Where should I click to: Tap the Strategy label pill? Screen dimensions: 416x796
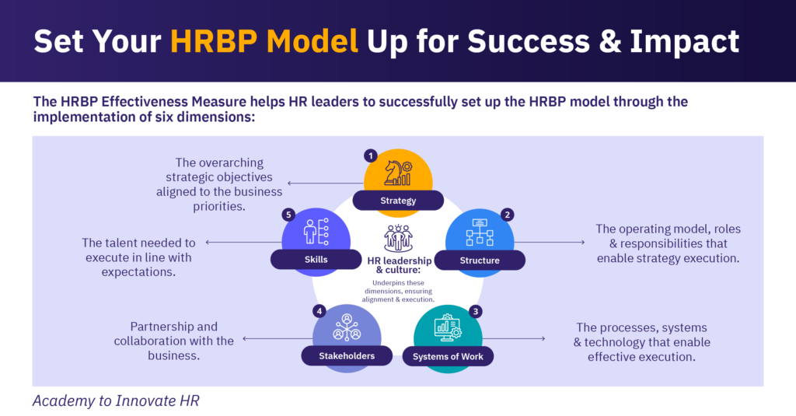(x=398, y=201)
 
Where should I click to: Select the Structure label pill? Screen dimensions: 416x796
(x=479, y=260)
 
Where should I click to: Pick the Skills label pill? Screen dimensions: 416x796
(x=311, y=260)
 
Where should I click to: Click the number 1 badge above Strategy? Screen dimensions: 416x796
(x=371, y=156)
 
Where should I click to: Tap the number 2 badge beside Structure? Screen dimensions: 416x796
(x=508, y=215)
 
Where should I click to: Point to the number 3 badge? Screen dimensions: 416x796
(x=477, y=311)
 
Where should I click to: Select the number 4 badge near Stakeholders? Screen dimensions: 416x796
(x=319, y=311)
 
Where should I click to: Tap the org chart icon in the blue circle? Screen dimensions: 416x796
(x=480, y=233)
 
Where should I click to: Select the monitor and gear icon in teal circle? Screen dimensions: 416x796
(x=448, y=328)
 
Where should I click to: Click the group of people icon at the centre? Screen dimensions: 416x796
(x=398, y=237)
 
